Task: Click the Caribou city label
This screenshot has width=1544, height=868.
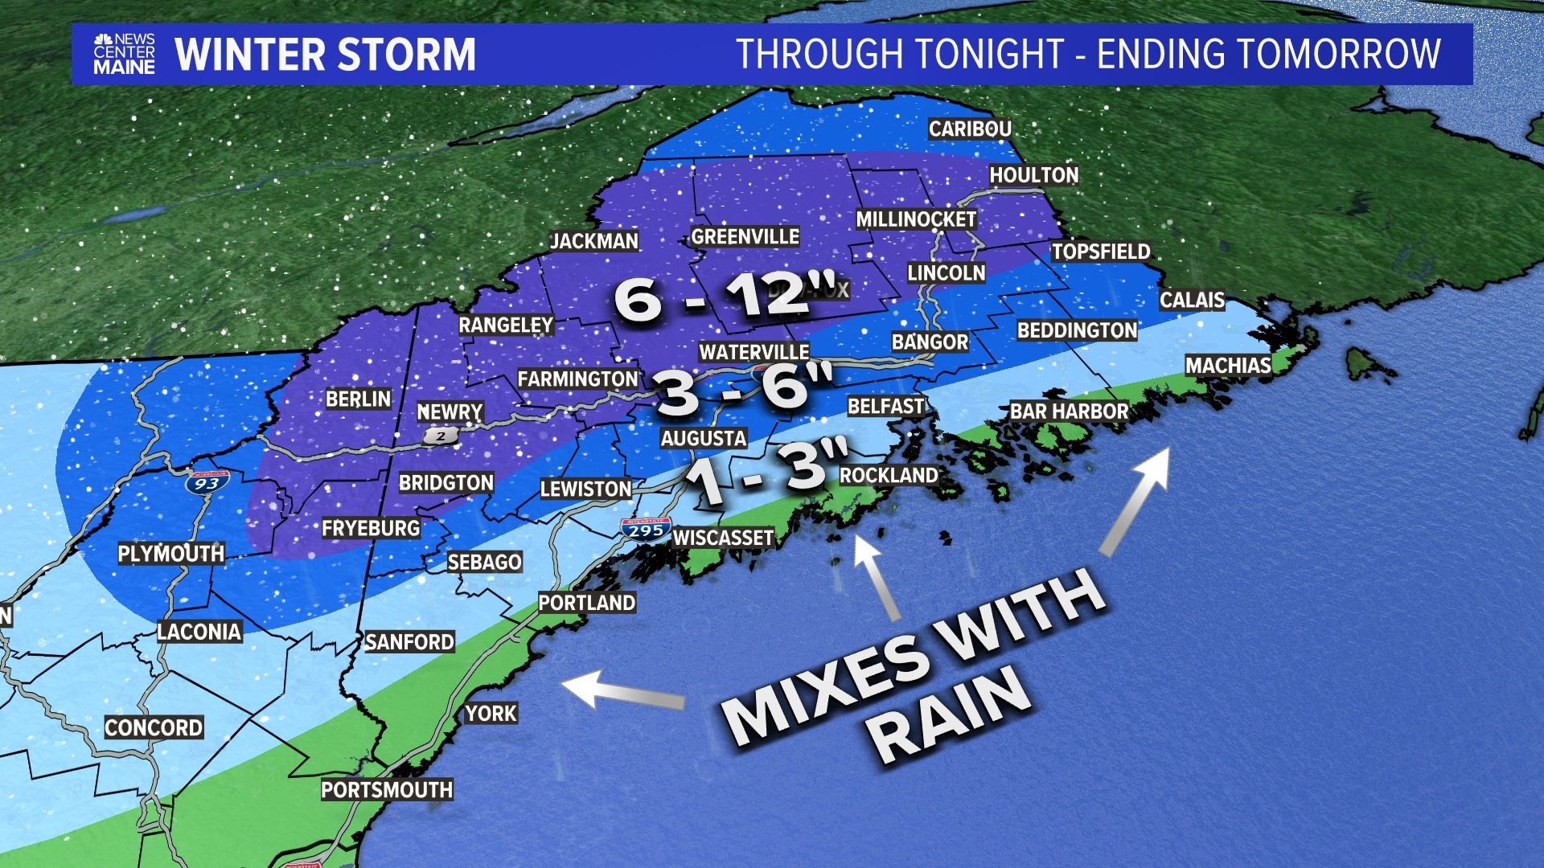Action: click(970, 129)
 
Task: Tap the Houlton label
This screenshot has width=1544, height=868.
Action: click(1033, 175)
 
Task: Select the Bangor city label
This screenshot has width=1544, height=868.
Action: click(930, 342)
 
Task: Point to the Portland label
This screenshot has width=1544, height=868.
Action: click(587, 603)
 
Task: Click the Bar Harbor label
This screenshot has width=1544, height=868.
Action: click(1069, 411)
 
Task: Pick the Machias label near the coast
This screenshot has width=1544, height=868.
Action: click(1228, 366)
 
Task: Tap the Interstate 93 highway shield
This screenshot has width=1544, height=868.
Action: click(207, 482)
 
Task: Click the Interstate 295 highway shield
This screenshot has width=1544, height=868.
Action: click(646, 530)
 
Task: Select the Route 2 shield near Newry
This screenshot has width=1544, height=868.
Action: click(441, 436)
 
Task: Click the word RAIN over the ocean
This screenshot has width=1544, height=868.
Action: click(949, 715)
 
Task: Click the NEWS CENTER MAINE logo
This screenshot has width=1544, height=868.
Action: click(125, 54)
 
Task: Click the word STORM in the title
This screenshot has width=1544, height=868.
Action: click(406, 55)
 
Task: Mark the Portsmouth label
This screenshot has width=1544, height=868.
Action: click(387, 790)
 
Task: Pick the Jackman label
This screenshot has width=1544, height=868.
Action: click(593, 241)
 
